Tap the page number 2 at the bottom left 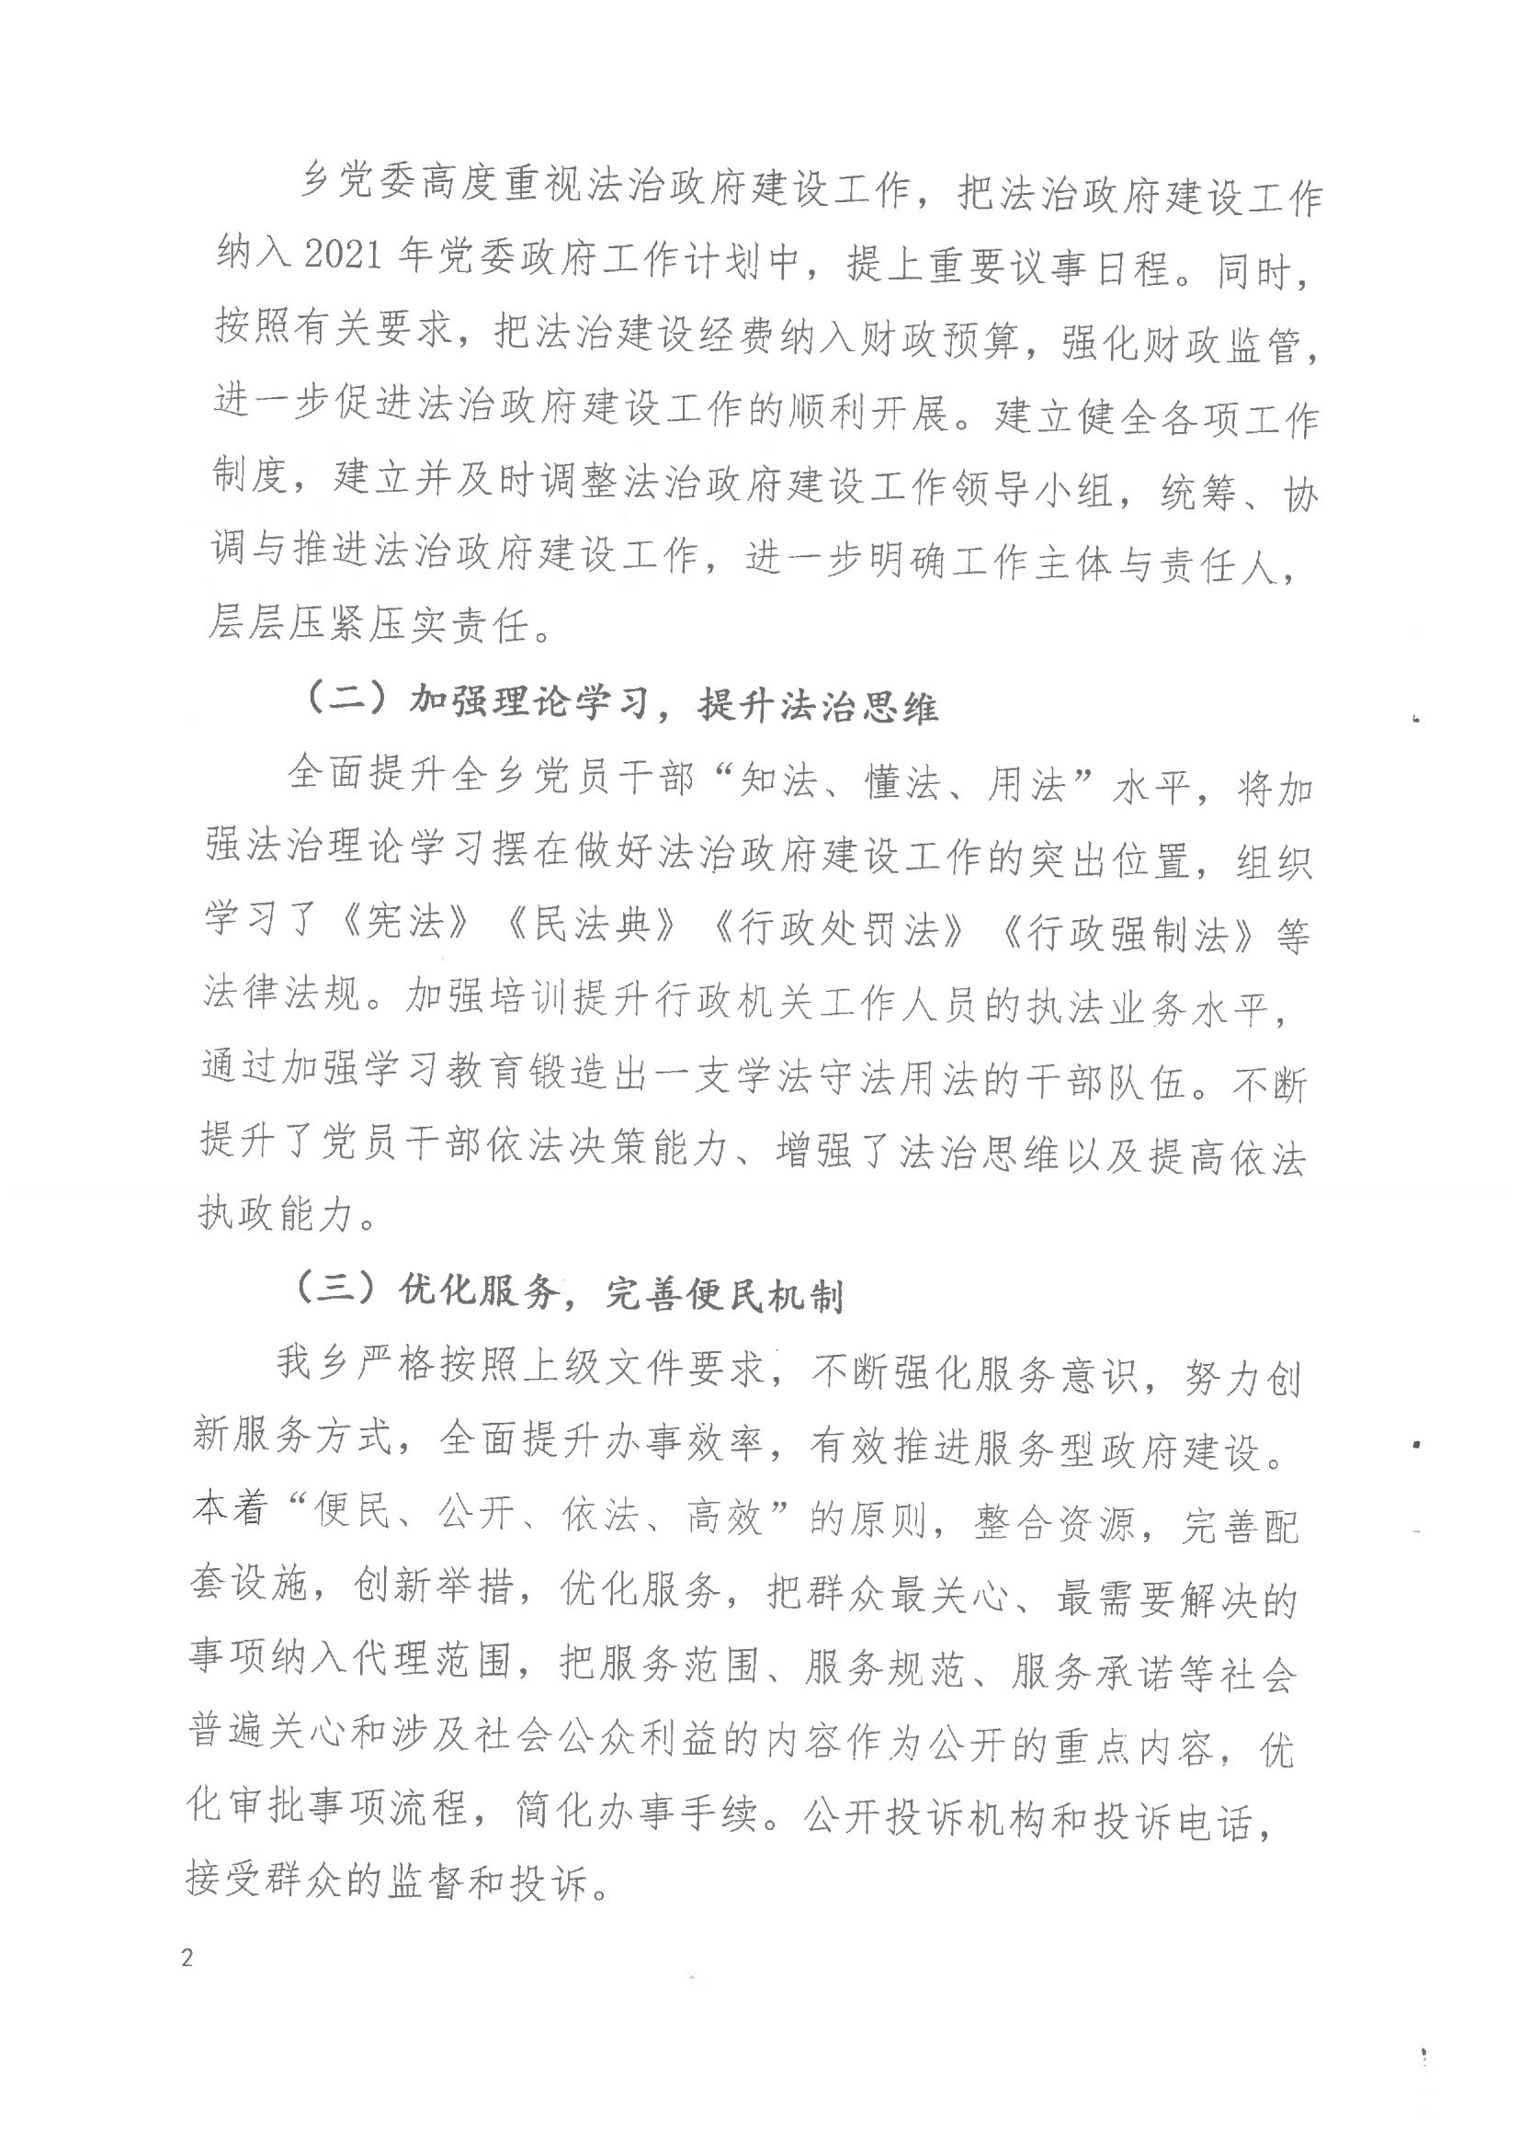pos(188,1957)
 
